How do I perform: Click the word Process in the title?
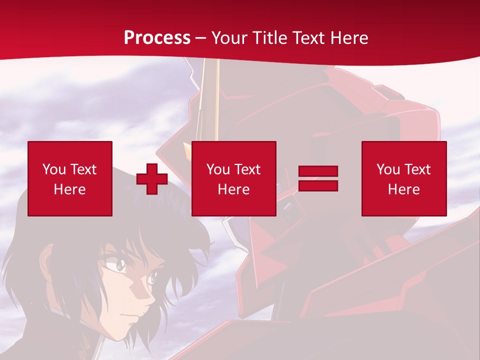157,38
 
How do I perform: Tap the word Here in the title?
348,38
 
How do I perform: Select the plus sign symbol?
152,179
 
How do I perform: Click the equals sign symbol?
318,178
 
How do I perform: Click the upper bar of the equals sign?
318,171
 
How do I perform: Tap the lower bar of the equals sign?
318,185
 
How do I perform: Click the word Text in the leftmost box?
83,169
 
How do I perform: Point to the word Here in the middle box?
234,189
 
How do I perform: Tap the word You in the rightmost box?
388,169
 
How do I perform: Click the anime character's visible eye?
120,265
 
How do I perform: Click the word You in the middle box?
218,169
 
